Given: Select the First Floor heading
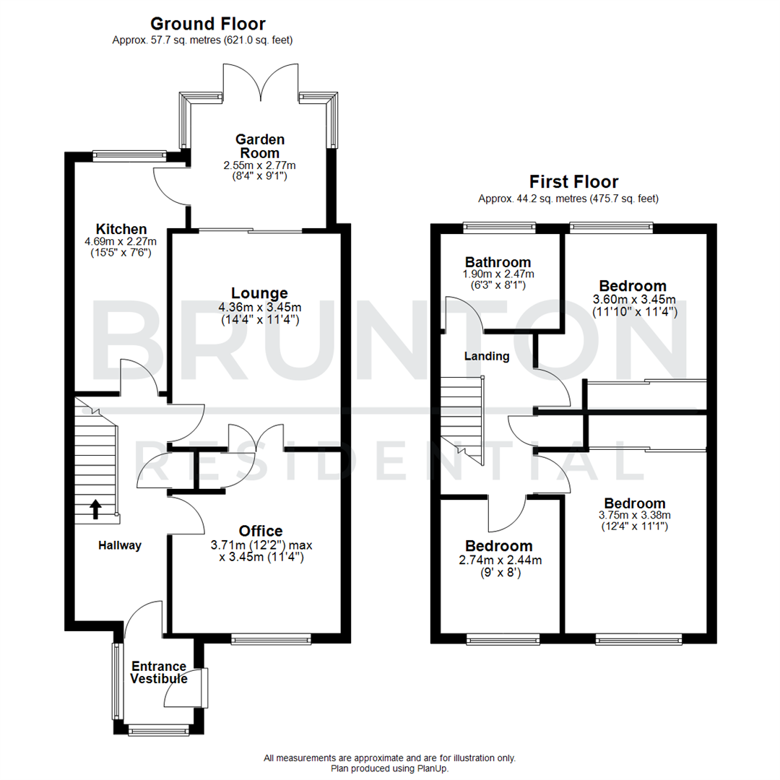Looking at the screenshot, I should click(x=573, y=181).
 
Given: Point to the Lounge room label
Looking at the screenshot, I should click(x=259, y=292).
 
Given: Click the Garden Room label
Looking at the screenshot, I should click(x=259, y=146).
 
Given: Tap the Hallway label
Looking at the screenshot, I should click(x=120, y=546).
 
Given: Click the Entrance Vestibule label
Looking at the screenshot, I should click(x=159, y=672).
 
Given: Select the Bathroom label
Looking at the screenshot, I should click(x=498, y=262).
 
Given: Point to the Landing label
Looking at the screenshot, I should click(x=486, y=356).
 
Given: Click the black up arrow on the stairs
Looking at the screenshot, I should click(x=95, y=509).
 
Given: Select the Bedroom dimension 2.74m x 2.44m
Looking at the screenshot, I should click(x=499, y=560).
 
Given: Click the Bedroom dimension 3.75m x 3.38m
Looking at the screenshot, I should click(x=635, y=516).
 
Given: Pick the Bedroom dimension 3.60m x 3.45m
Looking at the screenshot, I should click(x=635, y=299).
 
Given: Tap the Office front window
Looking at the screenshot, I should click(x=272, y=638).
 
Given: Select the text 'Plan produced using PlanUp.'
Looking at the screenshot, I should click(x=389, y=769).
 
